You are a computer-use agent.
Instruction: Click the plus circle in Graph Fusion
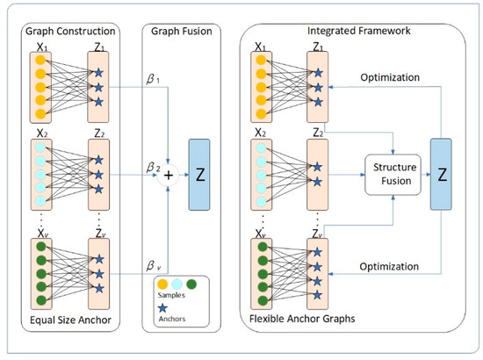[169, 176]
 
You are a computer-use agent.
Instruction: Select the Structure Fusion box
[393, 175]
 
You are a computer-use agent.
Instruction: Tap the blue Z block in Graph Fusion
[199, 175]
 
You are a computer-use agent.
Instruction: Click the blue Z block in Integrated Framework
[441, 175]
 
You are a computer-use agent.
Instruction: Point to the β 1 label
[153, 79]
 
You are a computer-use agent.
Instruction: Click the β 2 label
[153, 168]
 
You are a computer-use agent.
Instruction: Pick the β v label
[154, 265]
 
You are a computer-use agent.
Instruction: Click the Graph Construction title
[70, 31]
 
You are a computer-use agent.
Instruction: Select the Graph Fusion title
[182, 31]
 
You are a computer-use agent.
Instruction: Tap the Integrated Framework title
[359, 31]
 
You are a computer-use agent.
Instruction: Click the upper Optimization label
[390, 77]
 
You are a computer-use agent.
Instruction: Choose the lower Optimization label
[389, 266]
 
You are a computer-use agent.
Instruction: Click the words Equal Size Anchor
[70, 320]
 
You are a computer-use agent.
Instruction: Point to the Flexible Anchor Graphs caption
[302, 319]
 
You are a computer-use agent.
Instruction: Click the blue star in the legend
[162, 308]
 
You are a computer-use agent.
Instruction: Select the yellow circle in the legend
[162, 284]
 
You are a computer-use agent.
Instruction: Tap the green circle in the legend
[191, 284]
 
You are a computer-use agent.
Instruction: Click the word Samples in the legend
[171, 295]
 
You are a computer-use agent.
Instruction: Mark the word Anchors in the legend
[172, 319]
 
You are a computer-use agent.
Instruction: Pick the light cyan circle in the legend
[177, 284]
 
